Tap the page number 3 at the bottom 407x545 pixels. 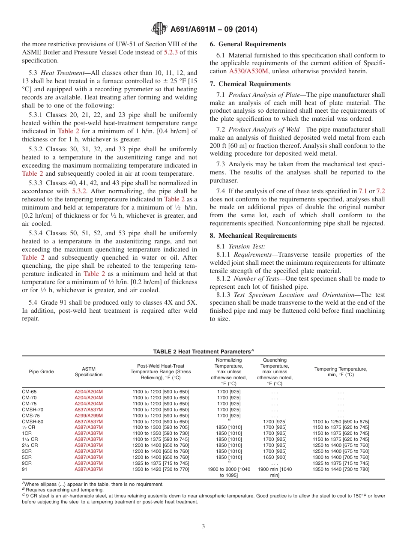[x=203, y=526]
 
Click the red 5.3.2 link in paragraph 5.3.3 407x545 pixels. [x=81, y=191]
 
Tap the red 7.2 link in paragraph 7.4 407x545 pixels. [x=380, y=191]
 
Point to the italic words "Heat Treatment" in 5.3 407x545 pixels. [x=60, y=73]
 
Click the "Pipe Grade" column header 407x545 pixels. [x=42, y=371]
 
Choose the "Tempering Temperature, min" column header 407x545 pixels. [x=341, y=371]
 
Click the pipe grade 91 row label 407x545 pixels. [x=24, y=469]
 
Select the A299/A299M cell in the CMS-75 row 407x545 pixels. [x=89, y=416]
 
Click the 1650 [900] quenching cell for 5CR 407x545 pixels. [x=275, y=457]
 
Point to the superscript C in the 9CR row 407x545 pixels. [x=229, y=462]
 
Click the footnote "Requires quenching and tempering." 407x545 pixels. [x=64, y=490]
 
